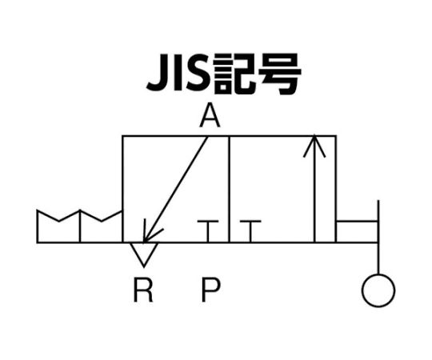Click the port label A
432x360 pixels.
pos(210,115)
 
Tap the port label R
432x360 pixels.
pos(143,290)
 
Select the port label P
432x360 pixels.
pos(210,290)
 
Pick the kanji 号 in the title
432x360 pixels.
pos(280,74)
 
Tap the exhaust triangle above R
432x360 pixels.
pos(144,254)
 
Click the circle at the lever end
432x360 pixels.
pos(378,290)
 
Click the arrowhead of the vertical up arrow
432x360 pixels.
pos(314,146)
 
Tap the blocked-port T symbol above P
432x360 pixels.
pos(208,231)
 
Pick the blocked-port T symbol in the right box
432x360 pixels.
pos(250,231)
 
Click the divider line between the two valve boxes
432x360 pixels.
pos(230,190)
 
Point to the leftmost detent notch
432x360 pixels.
pos(58,215)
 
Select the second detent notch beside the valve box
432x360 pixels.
pos(101,215)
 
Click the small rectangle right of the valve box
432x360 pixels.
pos(358,232)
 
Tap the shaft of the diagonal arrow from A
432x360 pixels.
pos(175,190)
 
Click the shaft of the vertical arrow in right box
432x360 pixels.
pos(314,190)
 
